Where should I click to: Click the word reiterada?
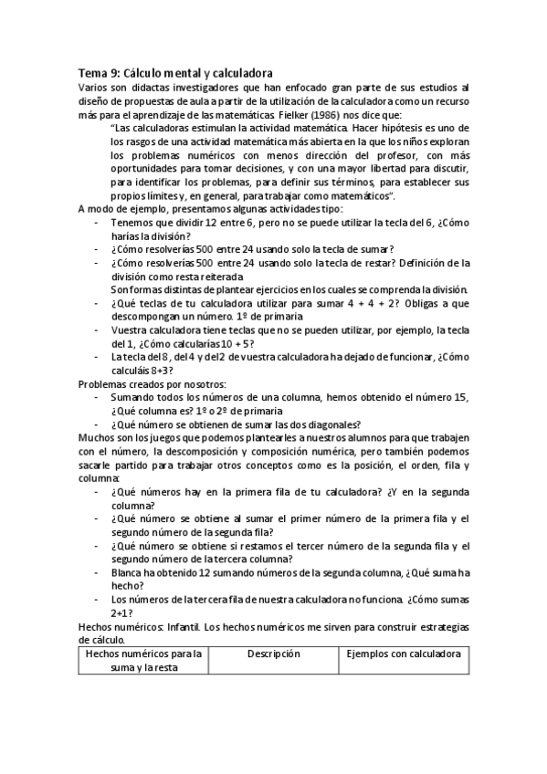tap(219, 276)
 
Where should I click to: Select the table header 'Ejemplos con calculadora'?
tap(403, 654)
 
